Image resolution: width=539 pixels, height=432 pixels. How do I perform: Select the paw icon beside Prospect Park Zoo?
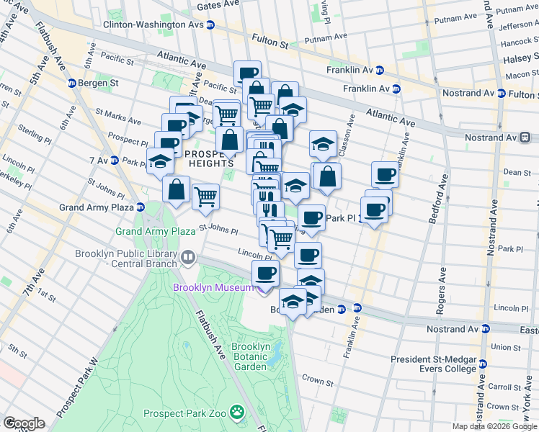(x=236, y=413)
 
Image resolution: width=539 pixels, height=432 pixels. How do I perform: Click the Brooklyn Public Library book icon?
(x=188, y=256)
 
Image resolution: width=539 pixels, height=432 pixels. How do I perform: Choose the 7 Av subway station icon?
(x=114, y=160)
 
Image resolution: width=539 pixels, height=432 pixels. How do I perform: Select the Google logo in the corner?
(x=24, y=423)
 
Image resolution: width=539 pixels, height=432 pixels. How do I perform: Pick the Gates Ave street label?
(x=218, y=4)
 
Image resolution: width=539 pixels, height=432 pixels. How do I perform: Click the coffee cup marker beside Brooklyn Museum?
(x=266, y=274)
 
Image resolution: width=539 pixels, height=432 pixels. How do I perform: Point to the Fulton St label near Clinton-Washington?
(x=275, y=42)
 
